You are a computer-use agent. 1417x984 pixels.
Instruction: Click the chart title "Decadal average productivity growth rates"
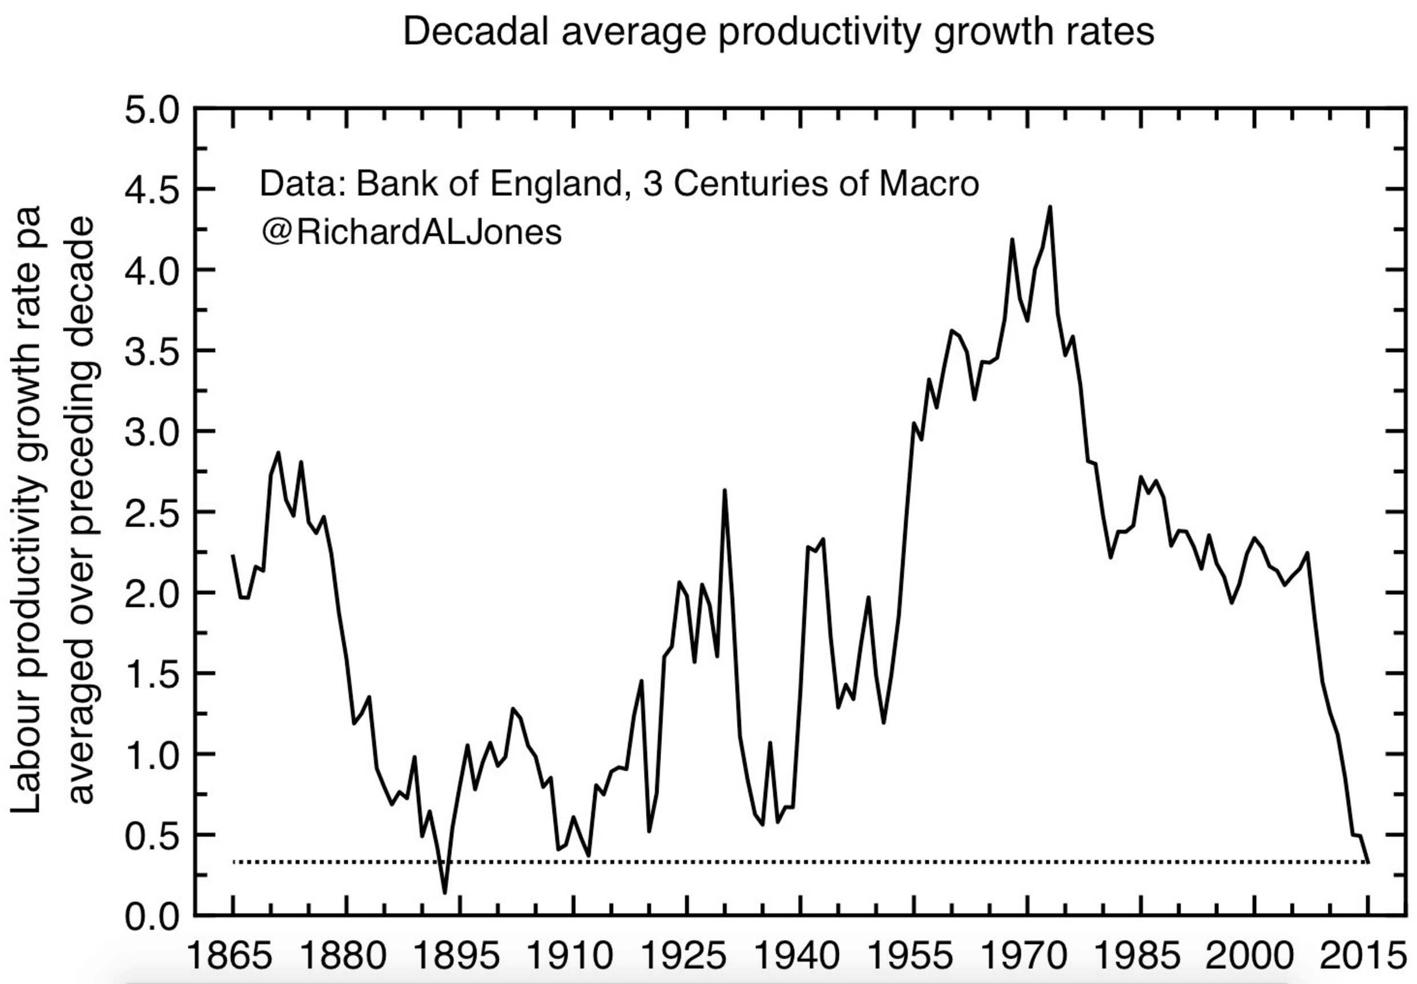pos(778,32)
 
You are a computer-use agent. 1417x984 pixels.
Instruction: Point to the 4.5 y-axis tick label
pos(152,191)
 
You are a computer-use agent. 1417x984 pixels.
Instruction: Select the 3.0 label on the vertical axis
pos(152,432)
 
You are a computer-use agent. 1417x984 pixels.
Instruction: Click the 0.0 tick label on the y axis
pos(152,917)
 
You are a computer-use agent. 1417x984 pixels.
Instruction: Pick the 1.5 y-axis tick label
pos(152,675)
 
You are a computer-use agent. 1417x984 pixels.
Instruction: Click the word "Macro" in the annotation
pos(929,184)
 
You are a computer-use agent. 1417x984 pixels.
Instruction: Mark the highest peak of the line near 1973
pos(1049,207)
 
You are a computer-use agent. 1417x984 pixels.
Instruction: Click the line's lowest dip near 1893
pos(445,892)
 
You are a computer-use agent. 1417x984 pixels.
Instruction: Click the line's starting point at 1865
pos(233,555)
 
